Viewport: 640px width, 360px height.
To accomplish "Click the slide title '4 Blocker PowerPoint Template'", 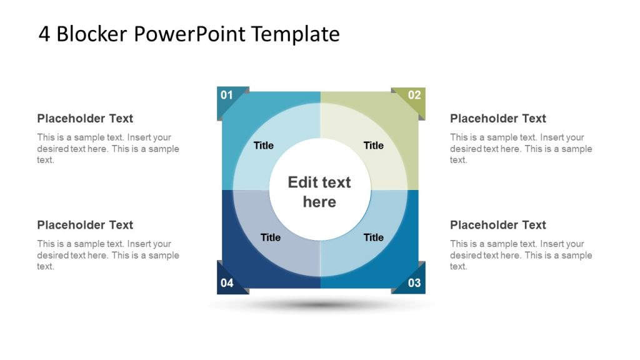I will click(189, 34).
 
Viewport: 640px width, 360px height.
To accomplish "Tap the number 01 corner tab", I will click(227, 96).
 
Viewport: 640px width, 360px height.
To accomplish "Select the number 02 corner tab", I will click(414, 96).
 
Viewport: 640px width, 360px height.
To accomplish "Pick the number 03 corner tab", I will click(414, 282).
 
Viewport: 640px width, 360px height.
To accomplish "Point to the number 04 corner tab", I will click(227, 282).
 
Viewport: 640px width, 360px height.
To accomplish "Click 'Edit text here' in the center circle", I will click(319, 192).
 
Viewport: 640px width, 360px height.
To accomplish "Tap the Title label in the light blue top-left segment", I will click(264, 146).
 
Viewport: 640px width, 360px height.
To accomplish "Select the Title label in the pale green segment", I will click(374, 146).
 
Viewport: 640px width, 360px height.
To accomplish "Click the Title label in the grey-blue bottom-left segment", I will click(271, 237).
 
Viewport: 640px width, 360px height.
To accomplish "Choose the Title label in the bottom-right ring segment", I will click(374, 237).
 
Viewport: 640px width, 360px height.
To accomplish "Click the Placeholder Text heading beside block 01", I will click(85, 119).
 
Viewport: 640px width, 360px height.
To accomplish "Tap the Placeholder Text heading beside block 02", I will click(498, 119).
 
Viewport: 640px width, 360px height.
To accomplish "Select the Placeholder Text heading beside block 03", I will click(498, 225).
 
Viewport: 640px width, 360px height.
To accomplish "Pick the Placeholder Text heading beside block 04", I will click(85, 225).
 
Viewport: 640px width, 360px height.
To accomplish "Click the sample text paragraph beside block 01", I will click(107, 149).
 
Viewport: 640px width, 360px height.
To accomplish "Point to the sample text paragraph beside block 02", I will click(521, 149).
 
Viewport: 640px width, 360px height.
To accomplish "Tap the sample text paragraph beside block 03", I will click(521, 255).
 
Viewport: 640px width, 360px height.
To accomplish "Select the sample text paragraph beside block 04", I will click(107, 255).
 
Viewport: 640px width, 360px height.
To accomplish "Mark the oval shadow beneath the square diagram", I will click(320, 305).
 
